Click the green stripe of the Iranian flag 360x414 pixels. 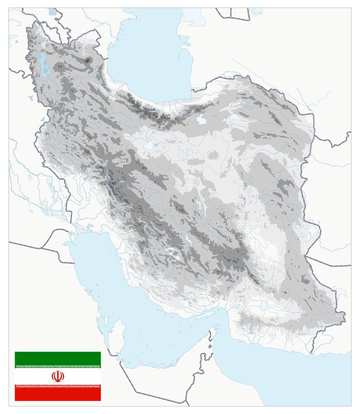(57, 359)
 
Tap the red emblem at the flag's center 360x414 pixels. (57, 376)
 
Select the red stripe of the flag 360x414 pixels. (57, 393)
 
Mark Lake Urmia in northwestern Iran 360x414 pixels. (43, 65)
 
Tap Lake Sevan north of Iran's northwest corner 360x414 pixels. (52, 12)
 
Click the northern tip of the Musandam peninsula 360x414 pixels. (213, 328)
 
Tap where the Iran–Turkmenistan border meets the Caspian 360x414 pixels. (193, 90)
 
